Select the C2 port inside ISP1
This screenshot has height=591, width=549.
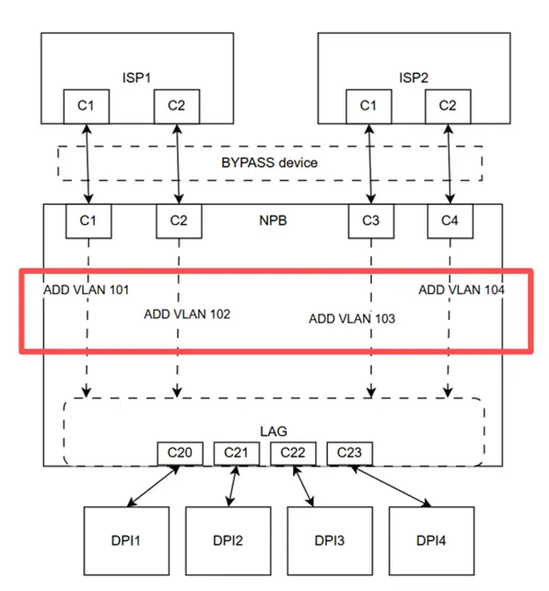pyautogui.click(x=176, y=106)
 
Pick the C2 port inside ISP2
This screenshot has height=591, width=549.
pyautogui.click(x=448, y=106)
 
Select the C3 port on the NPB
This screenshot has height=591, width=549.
pyautogui.click(x=370, y=221)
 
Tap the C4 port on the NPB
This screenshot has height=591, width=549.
pyautogui.click(x=450, y=221)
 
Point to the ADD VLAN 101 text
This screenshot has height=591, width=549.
pyautogui.click(x=86, y=290)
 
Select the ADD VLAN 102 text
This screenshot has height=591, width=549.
pyautogui.click(x=187, y=313)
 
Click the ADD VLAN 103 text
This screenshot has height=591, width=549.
pyautogui.click(x=352, y=319)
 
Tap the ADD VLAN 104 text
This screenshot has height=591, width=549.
pyautogui.click(x=461, y=290)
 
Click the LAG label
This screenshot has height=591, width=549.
pyautogui.click(x=274, y=431)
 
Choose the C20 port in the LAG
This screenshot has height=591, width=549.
pyautogui.click(x=180, y=453)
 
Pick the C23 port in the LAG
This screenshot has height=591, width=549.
pyautogui.click(x=349, y=453)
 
